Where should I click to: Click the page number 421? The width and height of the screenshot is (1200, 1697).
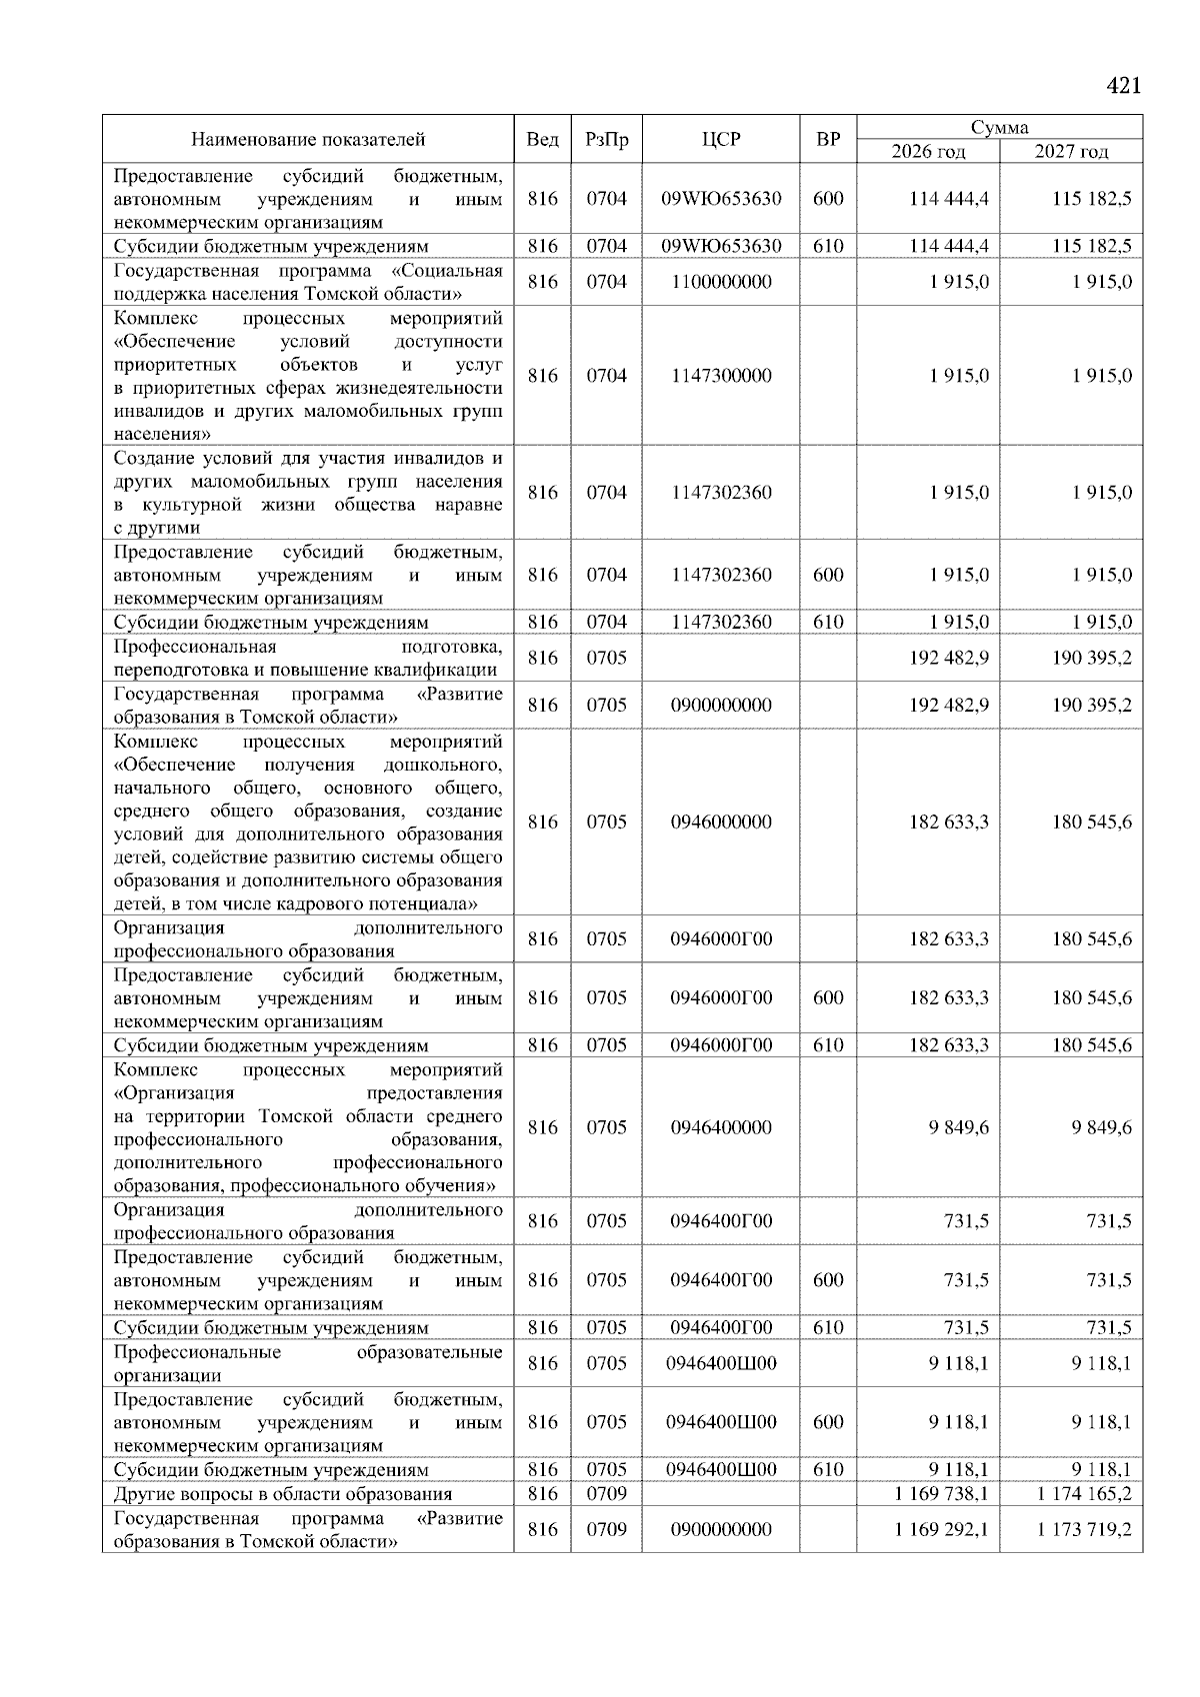pyautogui.click(x=1123, y=86)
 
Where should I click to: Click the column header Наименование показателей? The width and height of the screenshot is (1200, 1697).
pyautogui.click(x=308, y=140)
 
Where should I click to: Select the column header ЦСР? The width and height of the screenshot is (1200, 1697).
pyautogui.click(x=721, y=140)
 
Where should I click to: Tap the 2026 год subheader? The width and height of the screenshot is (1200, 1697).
pyautogui.click(x=928, y=152)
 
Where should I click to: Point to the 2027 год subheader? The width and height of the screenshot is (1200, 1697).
pyautogui.click(x=1071, y=152)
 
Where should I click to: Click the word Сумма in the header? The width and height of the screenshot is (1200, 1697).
pyautogui.click(x=999, y=127)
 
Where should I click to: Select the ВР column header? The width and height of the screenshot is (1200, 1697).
pyautogui.click(x=828, y=140)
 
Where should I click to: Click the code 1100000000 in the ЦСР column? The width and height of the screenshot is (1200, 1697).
pyautogui.click(x=721, y=282)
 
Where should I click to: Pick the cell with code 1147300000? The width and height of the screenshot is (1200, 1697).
pyautogui.click(x=721, y=376)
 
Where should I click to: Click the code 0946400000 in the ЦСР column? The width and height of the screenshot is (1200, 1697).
pyautogui.click(x=721, y=1127)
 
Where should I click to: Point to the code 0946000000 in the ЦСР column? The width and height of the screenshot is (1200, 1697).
pyautogui.click(x=721, y=823)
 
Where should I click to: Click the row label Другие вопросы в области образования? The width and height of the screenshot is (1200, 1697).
pyautogui.click(x=283, y=1494)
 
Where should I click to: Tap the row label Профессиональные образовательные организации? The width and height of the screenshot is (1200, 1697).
pyautogui.click(x=308, y=1364)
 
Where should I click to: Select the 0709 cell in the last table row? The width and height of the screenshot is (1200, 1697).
pyautogui.click(x=606, y=1529)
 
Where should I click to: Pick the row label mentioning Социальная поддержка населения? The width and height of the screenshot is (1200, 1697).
pyautogui.click(x=308, y=282)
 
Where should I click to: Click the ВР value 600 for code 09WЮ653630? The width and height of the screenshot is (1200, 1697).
pyautogui.click(x=828, y=199)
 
